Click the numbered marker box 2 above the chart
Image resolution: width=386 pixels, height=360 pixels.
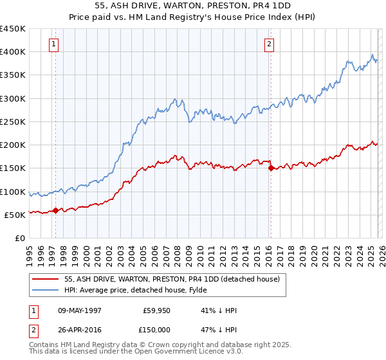click(269, 44)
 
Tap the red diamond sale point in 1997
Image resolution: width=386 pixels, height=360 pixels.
click(56, 210)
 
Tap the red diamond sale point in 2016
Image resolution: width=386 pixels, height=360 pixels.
click(271, 168)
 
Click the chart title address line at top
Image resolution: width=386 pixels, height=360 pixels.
click(193, 5)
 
